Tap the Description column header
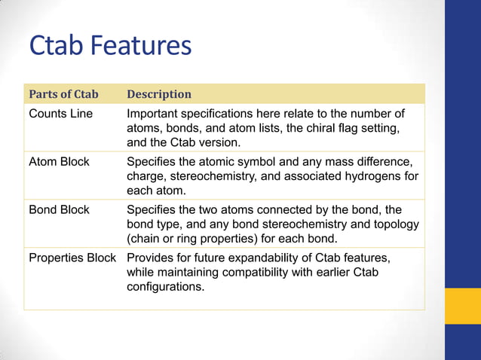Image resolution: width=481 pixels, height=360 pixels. click(159, 94)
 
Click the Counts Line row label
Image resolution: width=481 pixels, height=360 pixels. click(60, 114)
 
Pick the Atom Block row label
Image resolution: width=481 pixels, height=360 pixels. click(59, 162)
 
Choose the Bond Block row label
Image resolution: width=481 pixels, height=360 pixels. click(59, 209)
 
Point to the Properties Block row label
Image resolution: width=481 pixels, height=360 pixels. click(72, 258)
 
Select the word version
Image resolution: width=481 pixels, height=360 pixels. click(219, 142)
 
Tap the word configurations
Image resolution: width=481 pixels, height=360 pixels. click(165, 286)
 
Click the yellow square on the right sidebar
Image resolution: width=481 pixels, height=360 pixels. click(462, 307)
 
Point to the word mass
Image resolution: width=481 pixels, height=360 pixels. click(337, 162)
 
